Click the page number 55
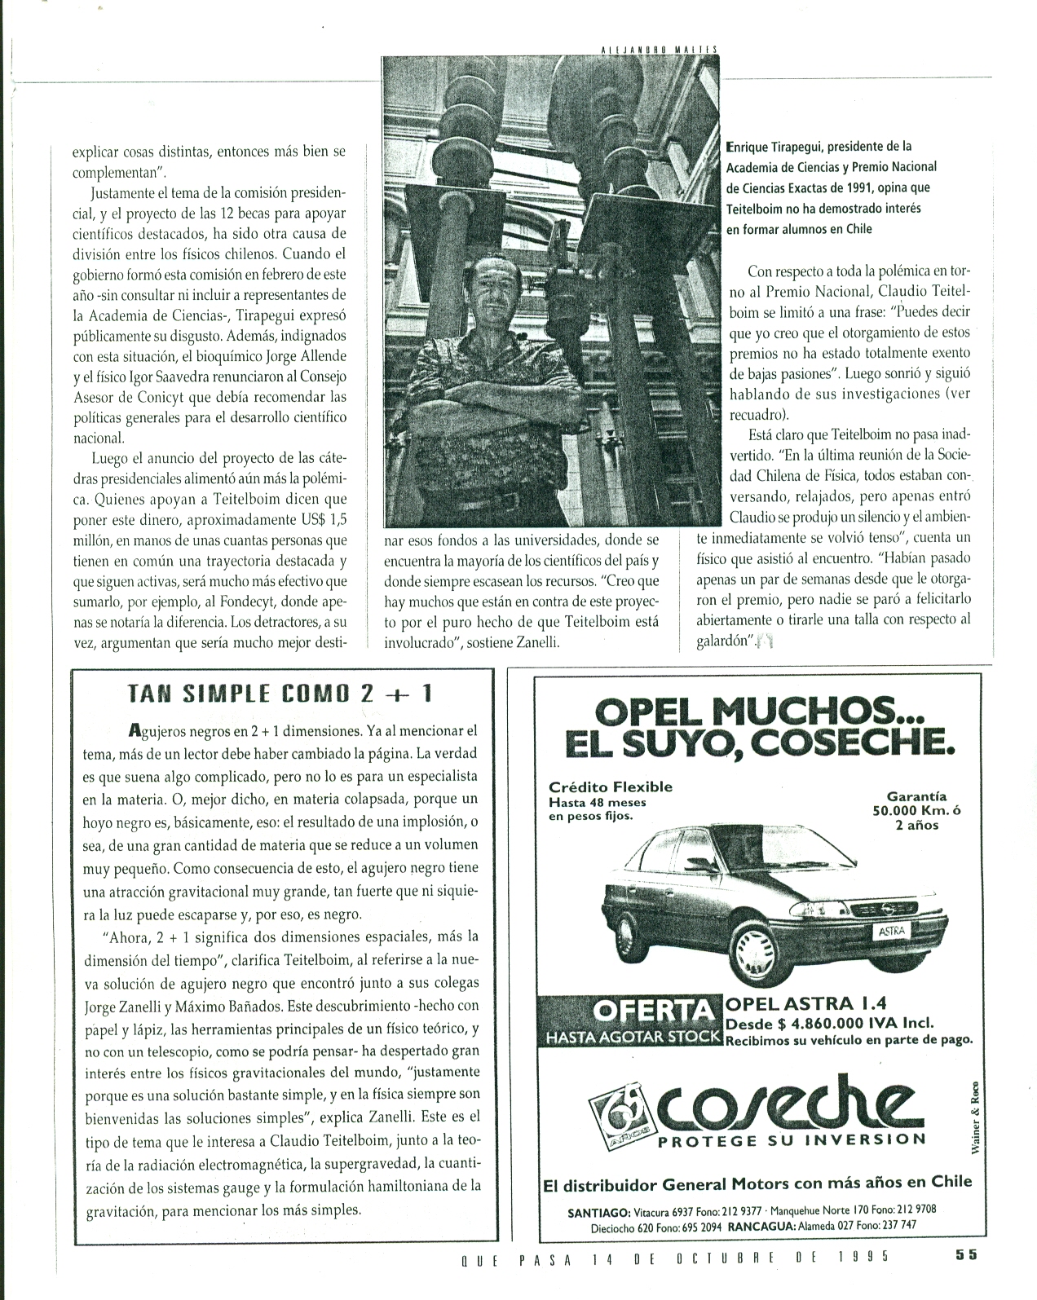pyautogui.click(x=967, y=1278)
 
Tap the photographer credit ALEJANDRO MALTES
pyautogui.click(x=657, y=49)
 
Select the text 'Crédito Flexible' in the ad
pyautogui.click(x=611, y=787)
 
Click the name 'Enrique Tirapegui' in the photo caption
pyautogui.click(x=780, y=147)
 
